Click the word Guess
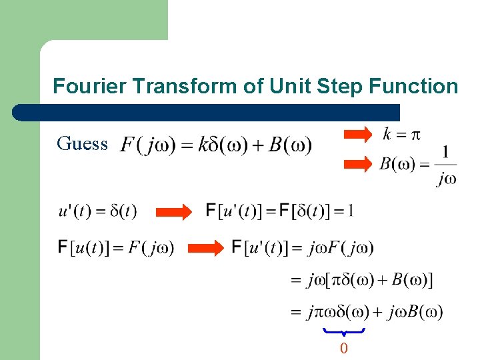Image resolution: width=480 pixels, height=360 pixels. click(83, 143)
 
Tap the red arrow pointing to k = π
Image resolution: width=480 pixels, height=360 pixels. click(357, 135)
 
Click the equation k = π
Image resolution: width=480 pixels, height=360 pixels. click(401, 135)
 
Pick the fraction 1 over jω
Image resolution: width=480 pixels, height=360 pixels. click(445, 165)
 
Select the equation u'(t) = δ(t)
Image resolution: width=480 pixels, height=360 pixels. click(97, 212)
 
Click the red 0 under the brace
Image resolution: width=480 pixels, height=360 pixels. click(343, 349)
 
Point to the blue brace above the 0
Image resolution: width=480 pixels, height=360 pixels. click(343, 331)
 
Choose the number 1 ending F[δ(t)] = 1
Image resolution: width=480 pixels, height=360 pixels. click(350, 211)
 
